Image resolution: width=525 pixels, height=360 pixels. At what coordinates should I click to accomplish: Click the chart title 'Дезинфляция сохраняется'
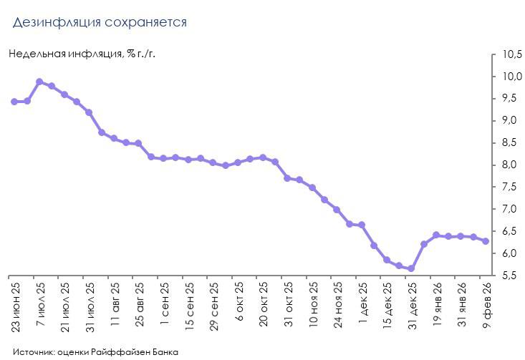click(100, 22)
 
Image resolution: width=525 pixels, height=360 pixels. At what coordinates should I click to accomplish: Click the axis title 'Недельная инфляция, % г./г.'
click(82, 54)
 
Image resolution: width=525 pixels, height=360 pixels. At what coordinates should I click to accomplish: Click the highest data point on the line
click(39, 82)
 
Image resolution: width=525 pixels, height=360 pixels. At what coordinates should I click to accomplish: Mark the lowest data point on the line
click(411, 268)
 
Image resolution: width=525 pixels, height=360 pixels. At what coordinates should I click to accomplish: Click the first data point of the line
click(14, 102)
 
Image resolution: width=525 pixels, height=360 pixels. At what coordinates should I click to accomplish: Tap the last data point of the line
click(486, 241)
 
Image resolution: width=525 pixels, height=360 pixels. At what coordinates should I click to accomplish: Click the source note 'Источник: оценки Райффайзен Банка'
click(95, 351)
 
